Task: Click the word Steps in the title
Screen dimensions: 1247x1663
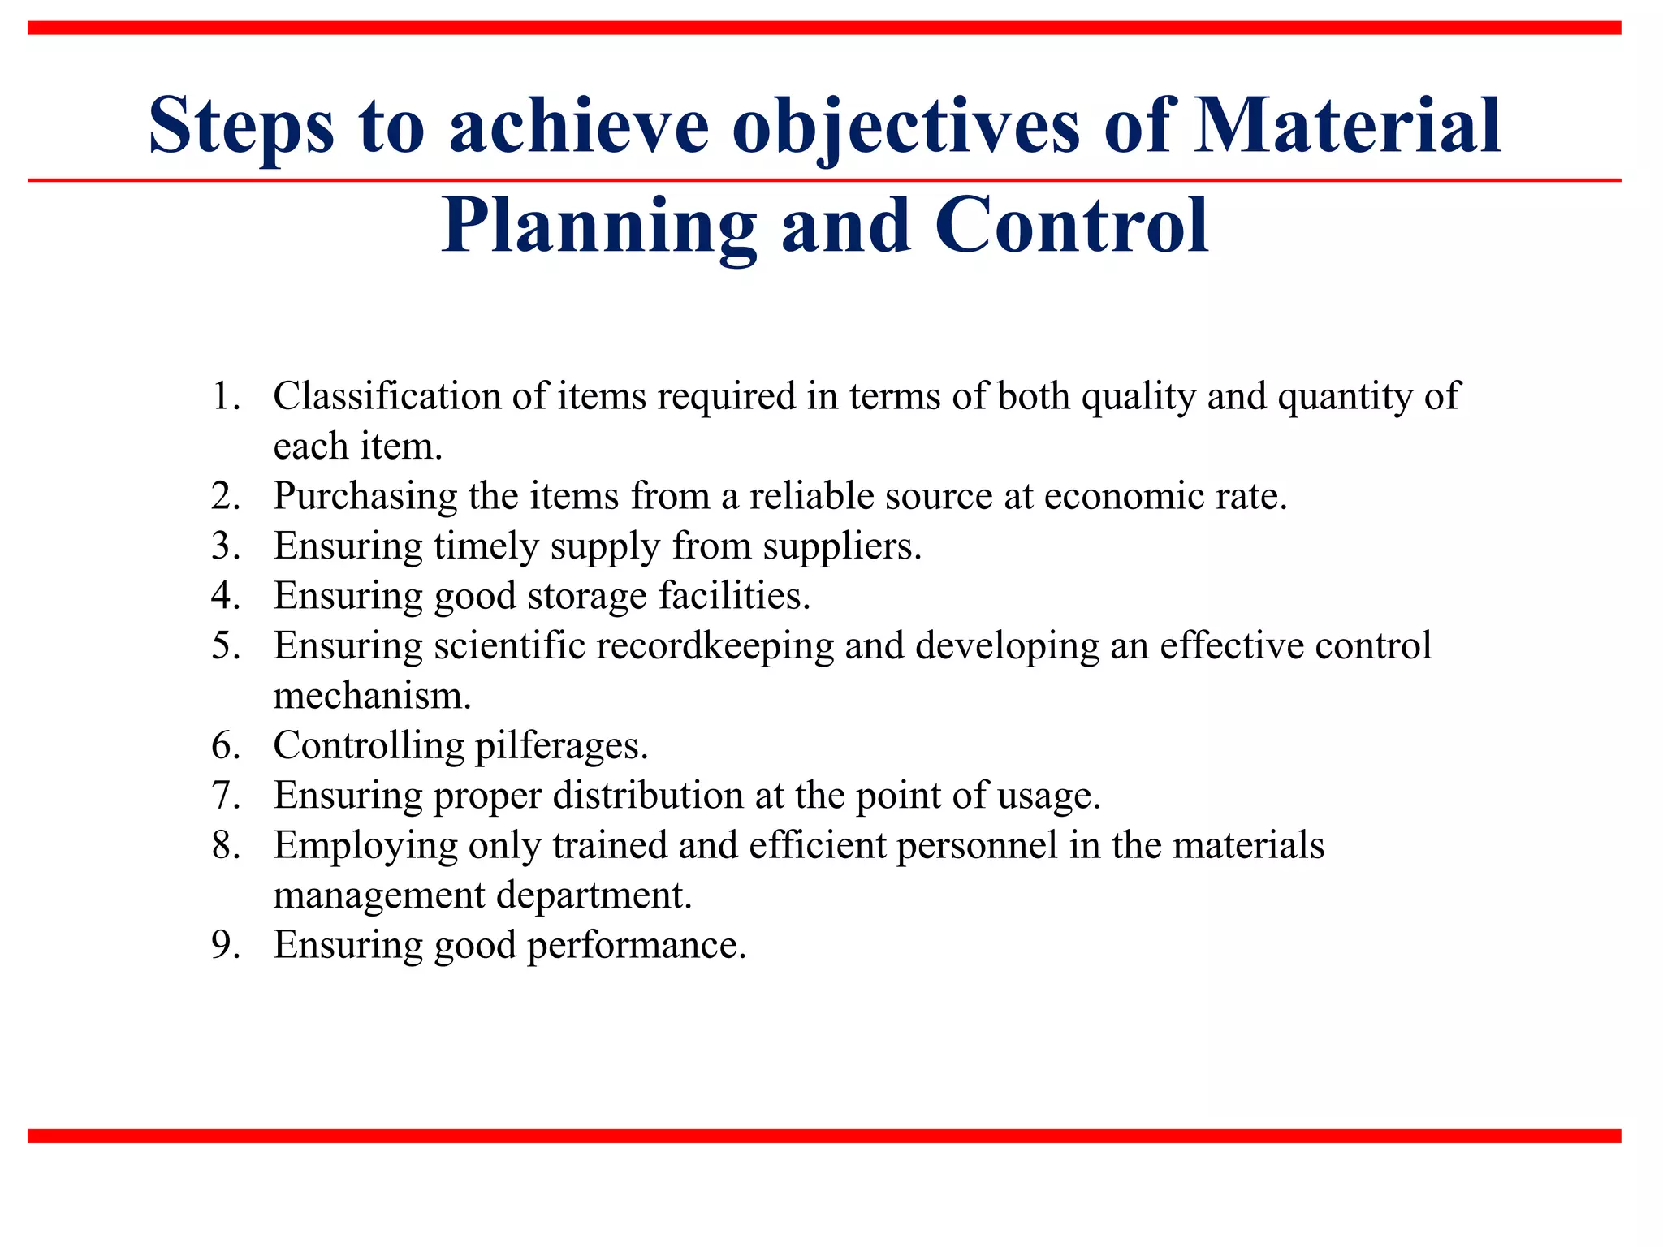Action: click(x=241, y=126)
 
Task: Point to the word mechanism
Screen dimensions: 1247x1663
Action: click(x=372, y=697)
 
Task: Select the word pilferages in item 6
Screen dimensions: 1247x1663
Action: click(x=561, y=746)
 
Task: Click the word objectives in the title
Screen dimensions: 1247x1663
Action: click(x=905, y=126)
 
